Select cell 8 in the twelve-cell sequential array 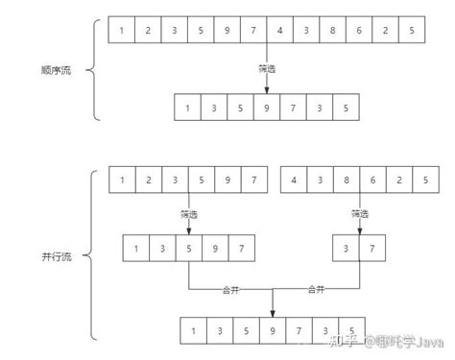[x=331, y=31]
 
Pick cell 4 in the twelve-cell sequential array [x=278, y=31]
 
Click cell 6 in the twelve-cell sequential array [x=358, y=31]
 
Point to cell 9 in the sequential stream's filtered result [x=266, y=108]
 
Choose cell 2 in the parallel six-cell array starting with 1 [x=148, y=180]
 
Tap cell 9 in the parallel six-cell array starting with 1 [x=227, y=180]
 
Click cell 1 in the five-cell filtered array [x=135, y=250]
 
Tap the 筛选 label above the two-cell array [x=359, y=213]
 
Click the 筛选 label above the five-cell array [x=188, y=213]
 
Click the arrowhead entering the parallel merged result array [x=274, y=311]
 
